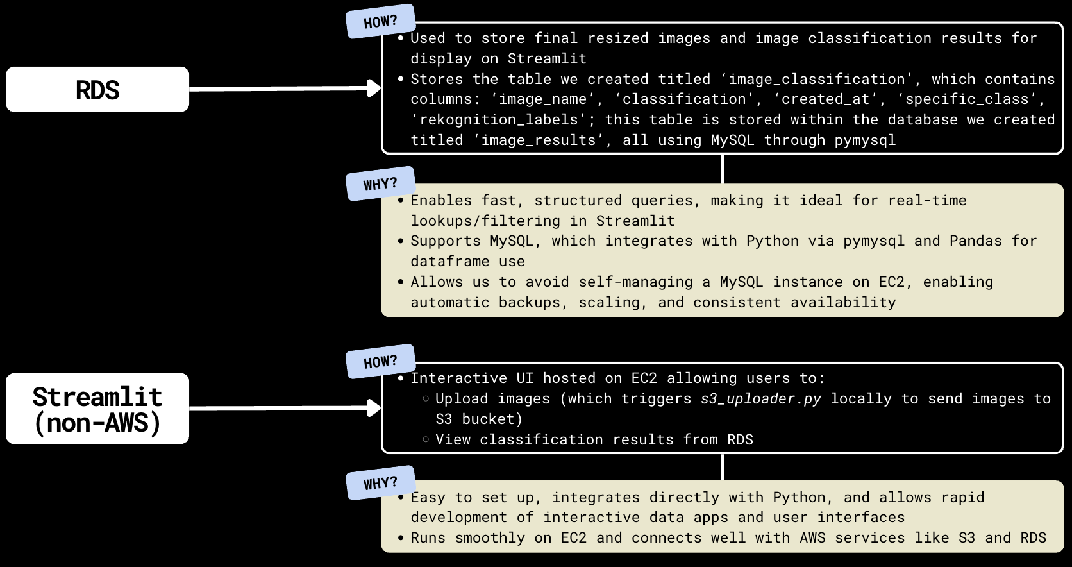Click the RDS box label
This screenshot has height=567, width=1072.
tap(97, 90)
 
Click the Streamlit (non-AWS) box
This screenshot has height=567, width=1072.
tap(97, 409)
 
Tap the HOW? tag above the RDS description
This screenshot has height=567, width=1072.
tap(380, 22)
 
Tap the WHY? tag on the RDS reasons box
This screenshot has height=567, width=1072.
tap(380, 184)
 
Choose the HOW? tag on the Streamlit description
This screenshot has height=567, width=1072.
tap(380, 362)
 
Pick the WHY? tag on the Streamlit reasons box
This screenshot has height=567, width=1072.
tap(380, 483)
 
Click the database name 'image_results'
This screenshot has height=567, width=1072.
tap(539, 140)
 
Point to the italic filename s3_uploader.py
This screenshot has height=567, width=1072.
tap(760, 399)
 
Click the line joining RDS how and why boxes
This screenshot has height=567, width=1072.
tap(723, 169)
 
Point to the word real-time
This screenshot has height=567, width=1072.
tap(927, 201)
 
